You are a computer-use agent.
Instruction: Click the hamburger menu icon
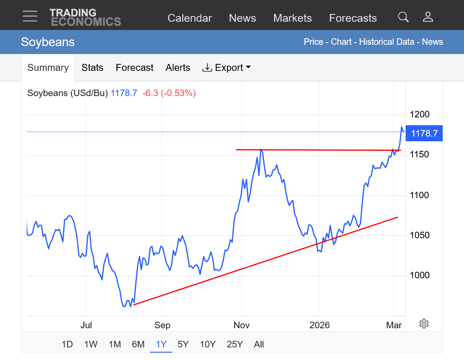[x=30, y=17]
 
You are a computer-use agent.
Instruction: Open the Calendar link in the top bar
[x=190, y=18]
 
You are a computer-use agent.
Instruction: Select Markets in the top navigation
[x=292, y=18]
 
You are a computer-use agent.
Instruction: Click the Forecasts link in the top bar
[x=353, y=18]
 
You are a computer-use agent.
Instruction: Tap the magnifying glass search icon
[x=403, y=17]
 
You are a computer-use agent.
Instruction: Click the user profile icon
[x=428, y=17]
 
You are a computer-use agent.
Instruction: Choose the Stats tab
[x=92, y=68]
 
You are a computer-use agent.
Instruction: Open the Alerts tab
[x=178, y=68]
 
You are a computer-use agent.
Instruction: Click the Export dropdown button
[x=227, y=68]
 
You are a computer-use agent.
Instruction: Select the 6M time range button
[x=138, y=344]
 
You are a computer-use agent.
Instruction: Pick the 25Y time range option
[x=234, y=344]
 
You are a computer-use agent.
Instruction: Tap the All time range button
[x=259, y=344]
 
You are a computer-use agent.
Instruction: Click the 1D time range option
[x=67, y=344]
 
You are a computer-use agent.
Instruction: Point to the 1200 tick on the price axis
[x=419, y=115]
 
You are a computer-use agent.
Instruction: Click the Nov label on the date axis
[x=242, y=325]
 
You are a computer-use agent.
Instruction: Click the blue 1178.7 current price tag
[x=424, y=133]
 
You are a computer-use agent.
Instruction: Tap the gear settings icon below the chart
[x=424, y=323]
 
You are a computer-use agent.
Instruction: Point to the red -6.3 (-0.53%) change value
[x=169, y=93]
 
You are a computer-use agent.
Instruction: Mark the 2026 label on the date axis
[x=320, y=325]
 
